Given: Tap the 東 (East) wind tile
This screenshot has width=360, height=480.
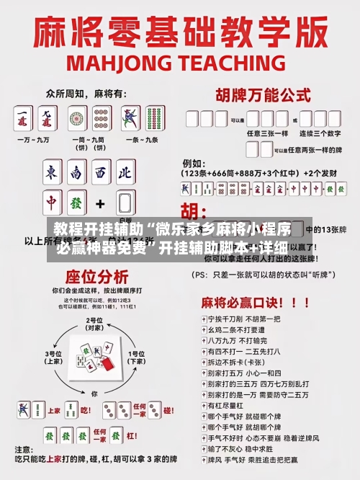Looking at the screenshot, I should (x=52, y=173).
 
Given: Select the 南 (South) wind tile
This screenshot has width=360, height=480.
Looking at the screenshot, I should (x=76, y=173).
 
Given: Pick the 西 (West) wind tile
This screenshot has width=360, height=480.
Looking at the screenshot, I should (x=101, y=173).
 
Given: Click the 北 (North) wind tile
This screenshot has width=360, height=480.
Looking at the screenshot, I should (x=125, y=173).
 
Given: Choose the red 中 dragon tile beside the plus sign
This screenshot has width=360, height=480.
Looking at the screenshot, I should (x=52, y=203).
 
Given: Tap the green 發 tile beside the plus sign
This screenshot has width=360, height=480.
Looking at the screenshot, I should (x=125, y=203).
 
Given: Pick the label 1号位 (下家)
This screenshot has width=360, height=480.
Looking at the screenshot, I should (x=136, y=357).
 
